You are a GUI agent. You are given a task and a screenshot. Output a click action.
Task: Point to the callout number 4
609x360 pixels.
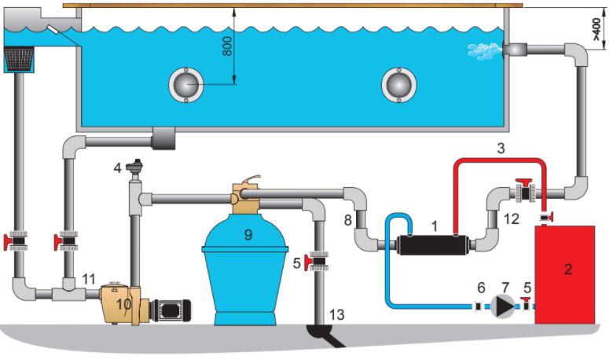[x=117, y=167]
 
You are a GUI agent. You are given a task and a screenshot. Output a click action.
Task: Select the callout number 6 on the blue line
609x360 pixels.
[x=482, y=288]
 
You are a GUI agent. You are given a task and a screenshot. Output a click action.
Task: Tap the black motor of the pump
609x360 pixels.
[x=171, y=309]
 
